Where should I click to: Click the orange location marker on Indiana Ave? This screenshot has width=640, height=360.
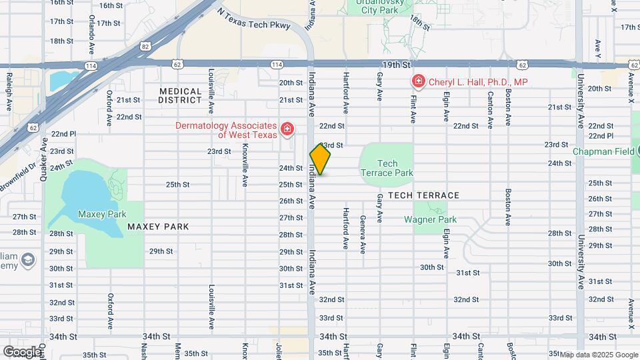click(320, 160)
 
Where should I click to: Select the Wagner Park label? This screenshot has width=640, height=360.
click(430, 219)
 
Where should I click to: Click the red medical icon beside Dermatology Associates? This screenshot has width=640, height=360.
click(287, 128)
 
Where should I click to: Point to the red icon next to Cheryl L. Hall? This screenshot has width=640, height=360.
click(418, 82)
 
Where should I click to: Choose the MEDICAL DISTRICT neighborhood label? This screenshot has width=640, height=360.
click(180, 95)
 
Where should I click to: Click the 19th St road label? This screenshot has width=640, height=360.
click(395, 65)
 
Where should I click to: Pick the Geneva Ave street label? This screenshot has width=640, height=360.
click(363, 234)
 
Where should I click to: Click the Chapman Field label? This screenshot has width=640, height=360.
click(603, 151)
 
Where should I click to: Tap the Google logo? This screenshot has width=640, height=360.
click(23, 351)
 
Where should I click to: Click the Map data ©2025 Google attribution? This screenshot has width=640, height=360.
click(598, 355)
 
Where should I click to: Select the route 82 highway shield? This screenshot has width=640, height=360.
click(145, 47)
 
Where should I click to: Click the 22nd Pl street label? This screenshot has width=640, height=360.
click(63, 133)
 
